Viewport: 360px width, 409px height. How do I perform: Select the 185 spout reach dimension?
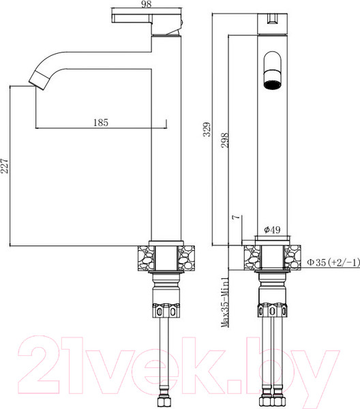click(x=100, y=123)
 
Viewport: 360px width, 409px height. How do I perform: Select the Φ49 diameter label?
click(x=271, y=230)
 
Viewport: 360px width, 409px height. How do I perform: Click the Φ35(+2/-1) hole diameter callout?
click(x=331, y=262)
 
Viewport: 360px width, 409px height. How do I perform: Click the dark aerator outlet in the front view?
click(x=271, y=73)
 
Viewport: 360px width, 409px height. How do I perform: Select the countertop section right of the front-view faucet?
click(x=293, y=258)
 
